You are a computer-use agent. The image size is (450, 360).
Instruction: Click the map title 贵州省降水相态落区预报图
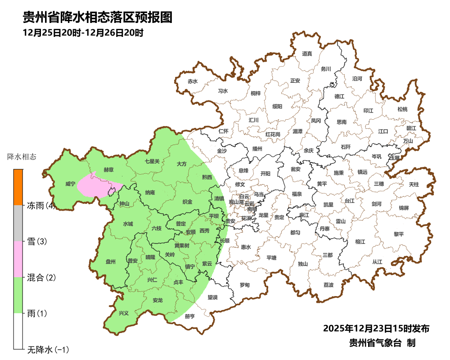(x=98, y=18)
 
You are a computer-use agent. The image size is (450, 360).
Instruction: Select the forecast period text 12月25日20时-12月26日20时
(x=83, y=33)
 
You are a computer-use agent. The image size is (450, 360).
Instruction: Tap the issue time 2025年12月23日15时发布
(x=376, y=328)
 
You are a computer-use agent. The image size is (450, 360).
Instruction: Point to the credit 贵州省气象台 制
(x=382, y=343)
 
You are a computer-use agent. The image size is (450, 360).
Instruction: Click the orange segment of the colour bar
(x=18, y=187)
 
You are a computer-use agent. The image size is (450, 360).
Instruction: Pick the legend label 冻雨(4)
(x=41, y=206)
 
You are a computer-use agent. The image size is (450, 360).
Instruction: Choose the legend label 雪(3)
(x=37, y=242)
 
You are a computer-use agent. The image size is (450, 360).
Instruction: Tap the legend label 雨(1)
(x=37, y=313)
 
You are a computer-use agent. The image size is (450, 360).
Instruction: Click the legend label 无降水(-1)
(x=48, y=349)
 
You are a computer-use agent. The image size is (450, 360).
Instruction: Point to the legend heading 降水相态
(x=22, y=157)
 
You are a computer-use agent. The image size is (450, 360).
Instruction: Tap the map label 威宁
(x=70, y=184)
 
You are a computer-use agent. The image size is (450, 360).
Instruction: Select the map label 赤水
(x=193, y=81)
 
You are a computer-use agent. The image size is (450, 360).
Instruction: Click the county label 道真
(x=307, y=54)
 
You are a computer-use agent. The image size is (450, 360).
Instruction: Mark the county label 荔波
(x=328, y=285)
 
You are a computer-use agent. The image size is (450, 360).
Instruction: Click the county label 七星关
(x=152, y=161)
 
